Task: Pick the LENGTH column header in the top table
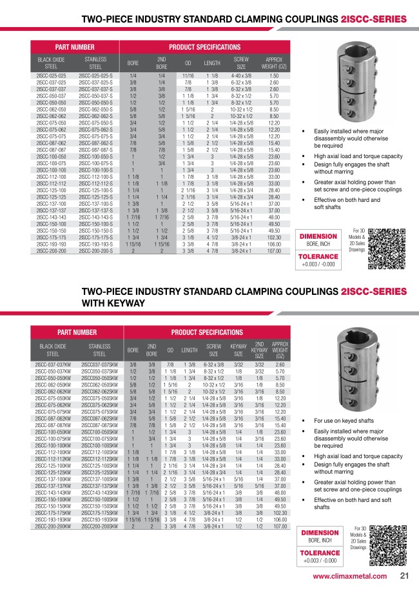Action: (212, 63)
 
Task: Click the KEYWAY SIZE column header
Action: (239, 349)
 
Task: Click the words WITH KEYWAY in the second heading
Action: (115, 308)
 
